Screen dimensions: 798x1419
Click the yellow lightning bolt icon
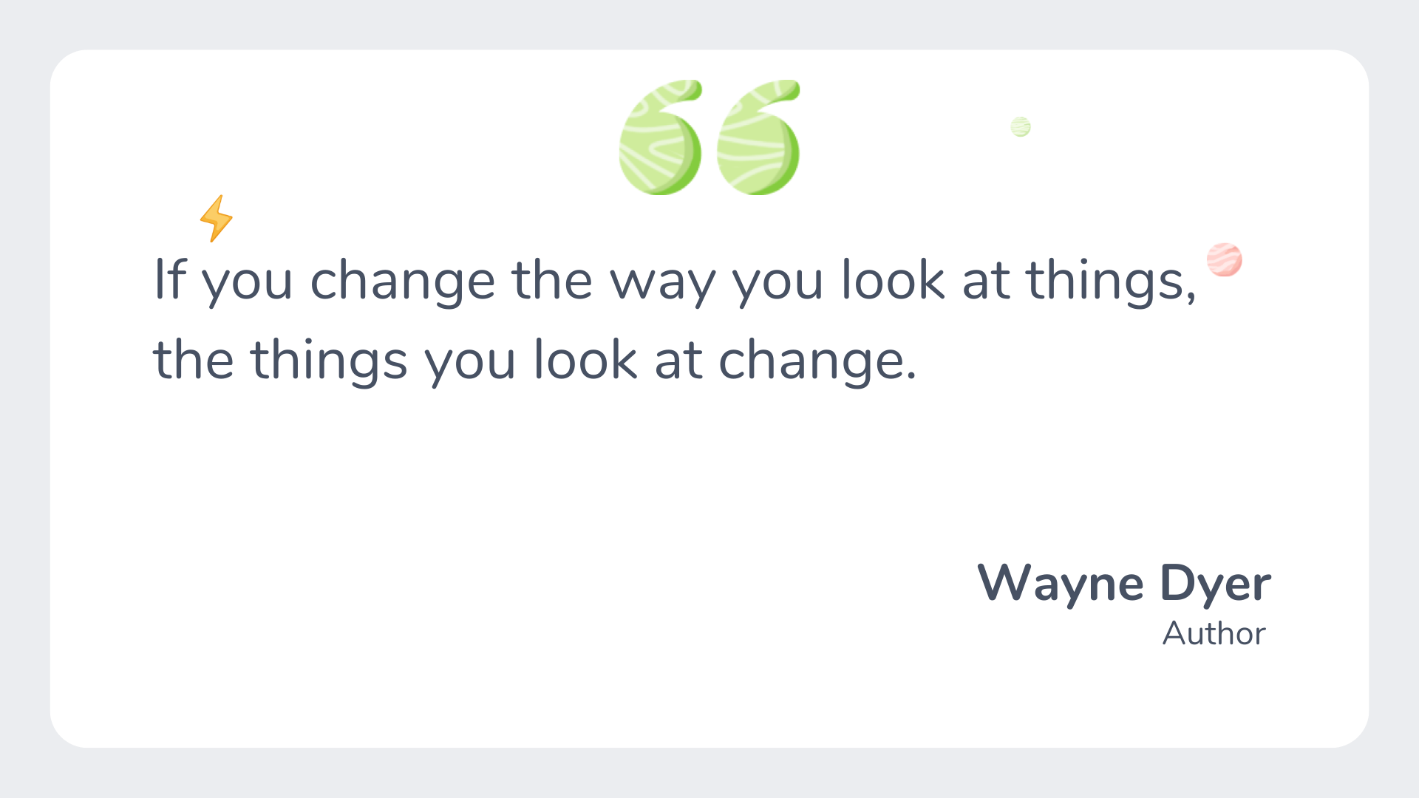tap(216, 219)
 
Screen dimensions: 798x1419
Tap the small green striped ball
tap(1021, 127)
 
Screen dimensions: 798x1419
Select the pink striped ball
tap(1225, 260)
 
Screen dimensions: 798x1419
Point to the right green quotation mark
tap(758, 138)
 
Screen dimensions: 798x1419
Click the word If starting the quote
tap(170, 281)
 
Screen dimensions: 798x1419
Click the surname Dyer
tap(1215, 584)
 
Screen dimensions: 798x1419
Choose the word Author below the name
tap(1214, 634)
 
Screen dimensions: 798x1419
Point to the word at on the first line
tap(985, 282)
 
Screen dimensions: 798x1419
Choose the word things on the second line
tap(329, 362)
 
